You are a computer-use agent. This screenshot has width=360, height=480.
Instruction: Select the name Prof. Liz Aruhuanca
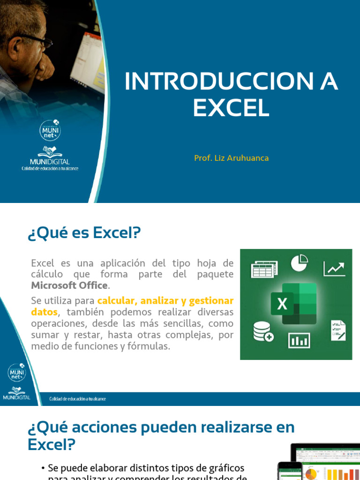tap(231, 158)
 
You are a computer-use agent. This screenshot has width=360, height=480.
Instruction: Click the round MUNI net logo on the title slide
tap(50, 130)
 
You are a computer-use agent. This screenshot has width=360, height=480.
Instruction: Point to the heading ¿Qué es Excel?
tap(84, 232)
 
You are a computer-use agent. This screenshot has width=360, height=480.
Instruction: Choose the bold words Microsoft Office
tap(69, 285)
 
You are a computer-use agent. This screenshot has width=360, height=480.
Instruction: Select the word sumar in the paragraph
tap(45, 335)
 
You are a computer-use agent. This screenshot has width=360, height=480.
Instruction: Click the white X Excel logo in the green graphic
tap(282, 304)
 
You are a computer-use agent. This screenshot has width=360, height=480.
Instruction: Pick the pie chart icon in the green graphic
tap(299, 263)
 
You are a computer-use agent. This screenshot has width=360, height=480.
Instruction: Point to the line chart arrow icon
tap(334, 268)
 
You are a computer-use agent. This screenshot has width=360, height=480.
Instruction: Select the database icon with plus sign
tap(263, 331)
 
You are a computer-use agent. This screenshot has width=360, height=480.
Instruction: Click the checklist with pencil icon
tap(338, 330)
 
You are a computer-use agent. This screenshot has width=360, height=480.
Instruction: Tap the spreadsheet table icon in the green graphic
tap(264, 269)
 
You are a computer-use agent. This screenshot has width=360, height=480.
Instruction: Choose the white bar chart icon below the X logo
tap(299, 339)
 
